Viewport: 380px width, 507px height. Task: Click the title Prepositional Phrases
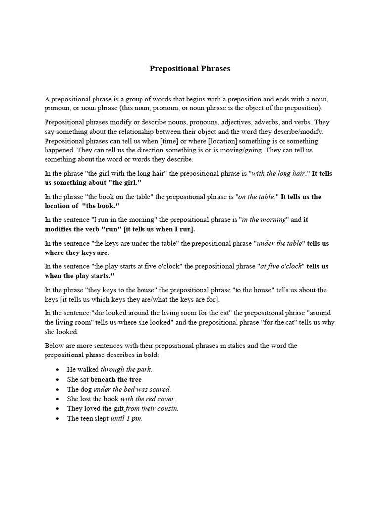[x=190, y=69]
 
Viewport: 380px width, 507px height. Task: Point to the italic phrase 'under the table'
[x=280, y=243]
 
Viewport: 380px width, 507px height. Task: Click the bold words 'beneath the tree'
[x=116, y=379]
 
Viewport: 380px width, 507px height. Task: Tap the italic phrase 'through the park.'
[x=127, y=369]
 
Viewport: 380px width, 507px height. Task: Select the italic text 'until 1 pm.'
[x=126, y=418]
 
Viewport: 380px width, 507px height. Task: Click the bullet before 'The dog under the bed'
[x=58, y=389]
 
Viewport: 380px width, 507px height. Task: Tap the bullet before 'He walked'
[x=58, y=370]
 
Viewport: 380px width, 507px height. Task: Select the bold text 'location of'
[x=61, y=206]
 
